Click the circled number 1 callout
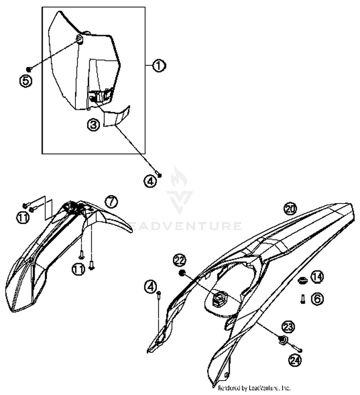click(x=158, y=66)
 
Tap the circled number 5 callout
click(x=26, y=80)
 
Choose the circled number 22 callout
click(x=180, y=260)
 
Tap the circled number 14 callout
click(x=317, y=277)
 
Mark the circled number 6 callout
click(x=317, y=298)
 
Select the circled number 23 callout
click(x=288, y=327)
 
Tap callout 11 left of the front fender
click(x=23, y=218)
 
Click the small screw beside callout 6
click(x=303, y=299)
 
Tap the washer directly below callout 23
click(x=282, y=341)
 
